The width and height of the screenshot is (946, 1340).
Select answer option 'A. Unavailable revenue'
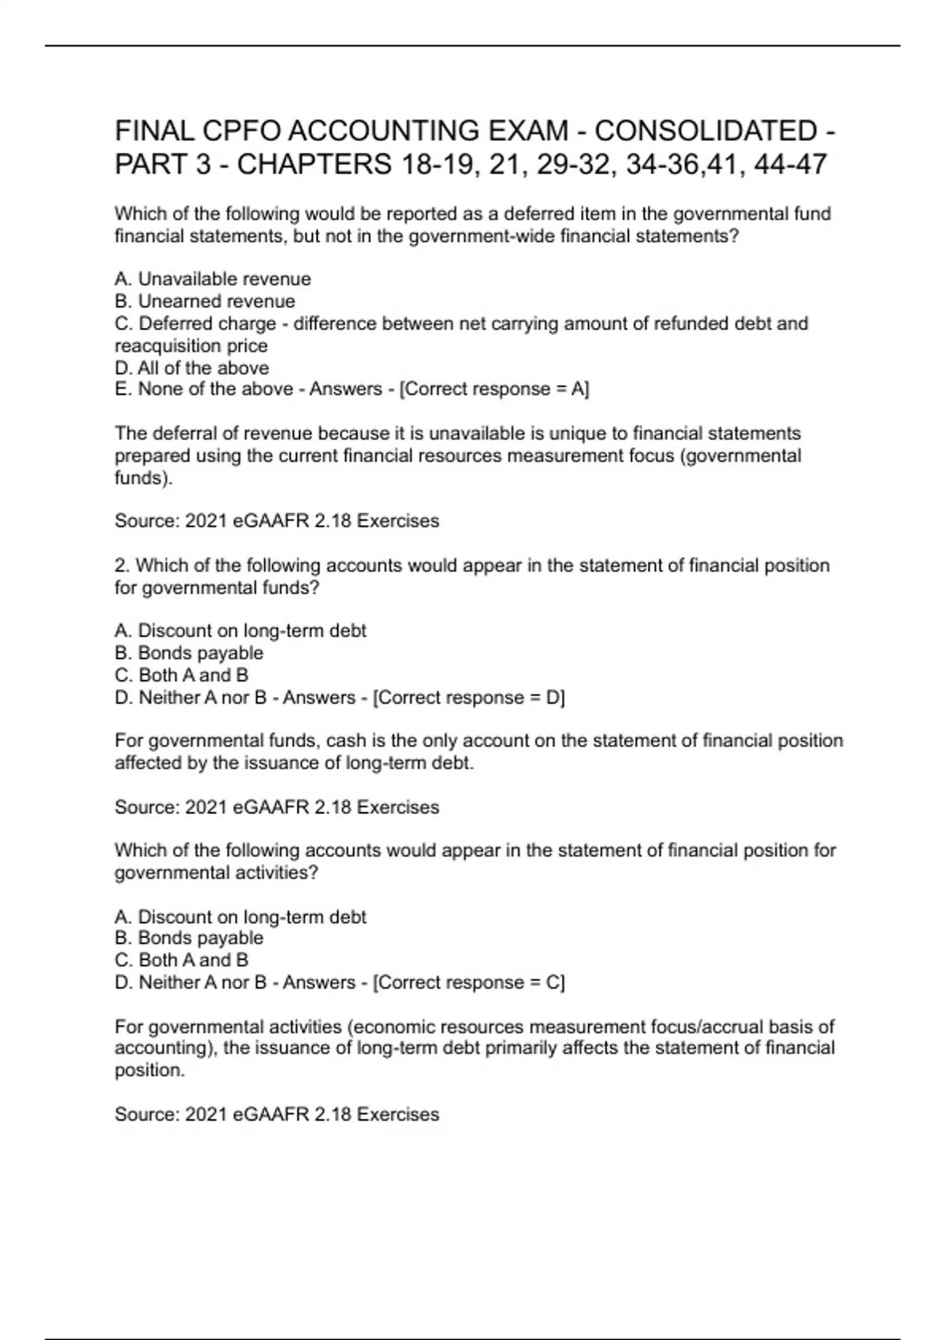tap(213, 279)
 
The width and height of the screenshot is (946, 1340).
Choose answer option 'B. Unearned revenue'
tap(205, 301)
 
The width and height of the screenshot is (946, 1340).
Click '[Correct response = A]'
tap(494, 389)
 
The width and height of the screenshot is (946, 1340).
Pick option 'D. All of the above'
tap(192, 368)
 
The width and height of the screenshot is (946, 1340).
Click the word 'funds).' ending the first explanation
tap(143, 478)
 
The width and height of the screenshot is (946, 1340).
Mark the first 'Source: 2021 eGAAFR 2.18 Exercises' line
tap(277, 521)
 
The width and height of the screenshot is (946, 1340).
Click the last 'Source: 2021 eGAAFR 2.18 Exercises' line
tap(277, 1114)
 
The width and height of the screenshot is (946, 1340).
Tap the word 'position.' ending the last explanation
tap(150, 1070)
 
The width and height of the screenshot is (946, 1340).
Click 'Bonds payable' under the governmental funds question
tap(200, 653)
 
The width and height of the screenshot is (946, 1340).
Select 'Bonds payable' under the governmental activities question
tap(200, 938)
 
